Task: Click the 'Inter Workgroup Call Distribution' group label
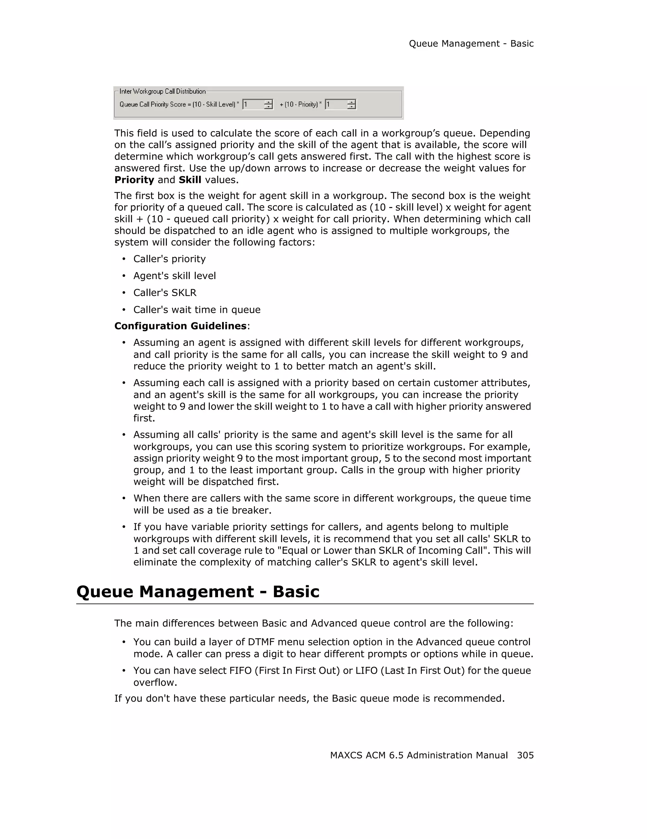tap(162, 91)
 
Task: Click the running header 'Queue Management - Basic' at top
tap(471, 44)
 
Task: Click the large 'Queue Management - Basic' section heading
tap(198, 592)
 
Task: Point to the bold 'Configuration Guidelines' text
tap(180, 326)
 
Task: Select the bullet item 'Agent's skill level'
tap(174, 276)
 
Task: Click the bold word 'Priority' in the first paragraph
tap(134, 180)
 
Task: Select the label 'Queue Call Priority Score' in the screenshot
tap(153, 105)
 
